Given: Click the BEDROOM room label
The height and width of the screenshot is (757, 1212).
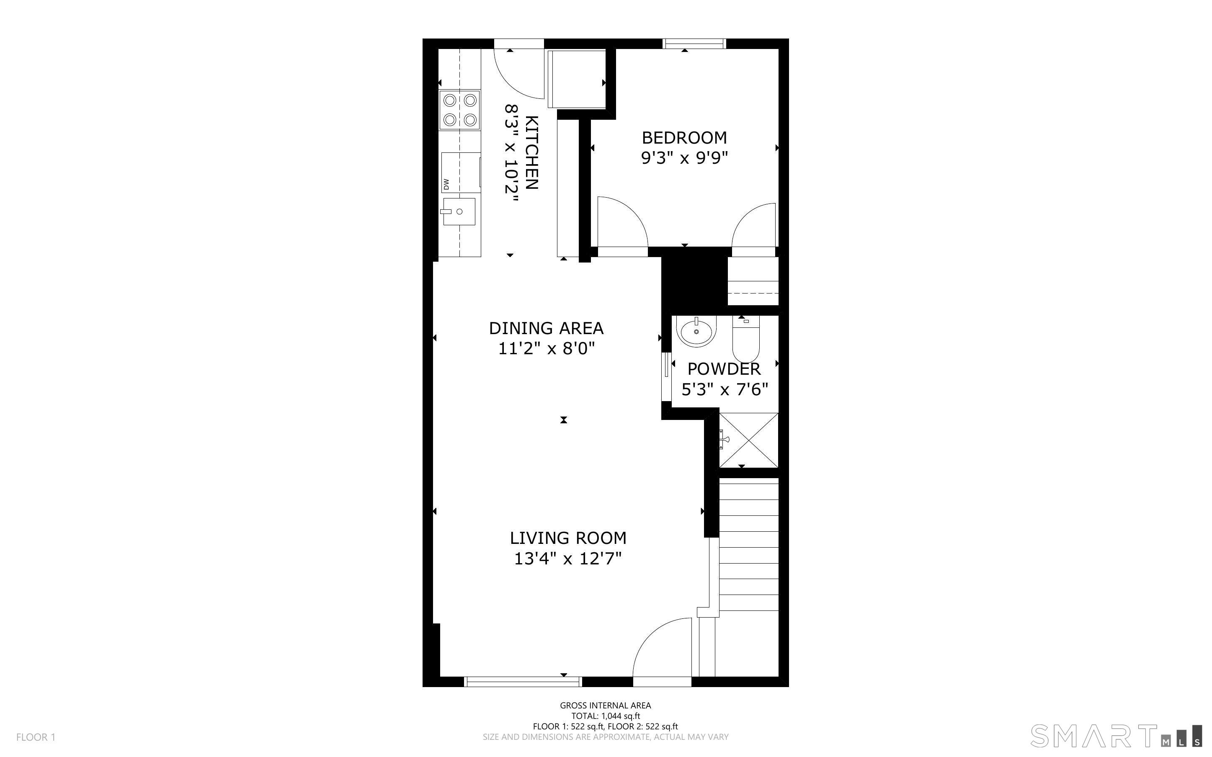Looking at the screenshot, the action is tap(684, 138).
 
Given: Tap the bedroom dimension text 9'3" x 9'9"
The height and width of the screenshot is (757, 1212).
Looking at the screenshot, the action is tap(684, 158).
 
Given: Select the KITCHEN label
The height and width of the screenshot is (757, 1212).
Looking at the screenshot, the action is tap(531, 153).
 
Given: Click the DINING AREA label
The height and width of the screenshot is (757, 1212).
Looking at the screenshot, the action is tap(546, 328).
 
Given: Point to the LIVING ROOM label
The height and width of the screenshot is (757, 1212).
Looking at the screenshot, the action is tap(568, 538).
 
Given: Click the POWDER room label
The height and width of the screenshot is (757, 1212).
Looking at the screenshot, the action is tap(724, 369).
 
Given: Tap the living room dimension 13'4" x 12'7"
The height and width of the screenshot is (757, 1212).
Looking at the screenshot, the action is tap(568, 559).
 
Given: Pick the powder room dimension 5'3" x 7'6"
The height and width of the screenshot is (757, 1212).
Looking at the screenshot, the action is tap(725, 389).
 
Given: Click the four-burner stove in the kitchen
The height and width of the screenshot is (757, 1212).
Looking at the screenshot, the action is tap(459, 110).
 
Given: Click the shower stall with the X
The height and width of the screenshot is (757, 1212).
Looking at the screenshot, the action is tap(748, 440).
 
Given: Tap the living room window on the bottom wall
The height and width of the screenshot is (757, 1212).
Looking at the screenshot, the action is tap(523, 681).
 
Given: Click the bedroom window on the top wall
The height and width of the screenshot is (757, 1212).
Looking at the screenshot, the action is tap(694, 44).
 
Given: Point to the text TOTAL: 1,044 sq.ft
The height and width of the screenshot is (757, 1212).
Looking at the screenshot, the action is tap(606, 716).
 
